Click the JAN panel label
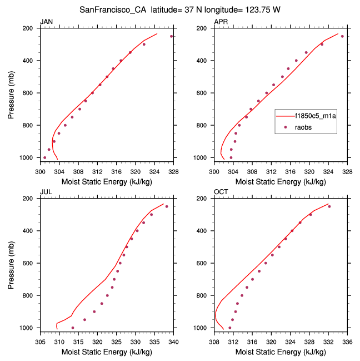click(46, 22)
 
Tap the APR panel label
click(221, 22)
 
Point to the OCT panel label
click(221, 192)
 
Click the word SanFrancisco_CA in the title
click(113, 9)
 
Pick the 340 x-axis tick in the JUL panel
click(173, 337)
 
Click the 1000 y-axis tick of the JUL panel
click(28, 328)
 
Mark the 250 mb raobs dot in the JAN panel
click(172, 36)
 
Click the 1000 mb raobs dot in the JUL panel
click(73, 328)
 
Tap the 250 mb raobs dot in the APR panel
click(342, 36)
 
